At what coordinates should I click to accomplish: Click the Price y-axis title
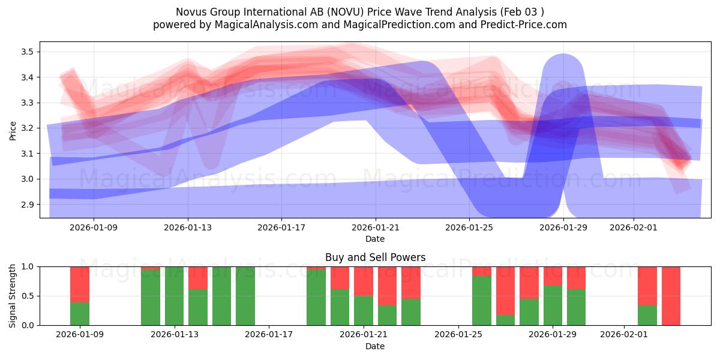[13, 130]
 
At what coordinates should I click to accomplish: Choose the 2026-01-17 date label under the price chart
[281, 227]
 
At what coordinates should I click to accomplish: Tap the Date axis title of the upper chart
[375, 239]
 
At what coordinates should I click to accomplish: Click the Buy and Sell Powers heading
[375, 257]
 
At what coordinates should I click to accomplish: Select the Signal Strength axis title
[13, 296]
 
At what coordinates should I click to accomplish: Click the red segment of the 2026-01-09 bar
[80, 284]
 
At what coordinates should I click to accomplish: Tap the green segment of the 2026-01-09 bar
[80, 314]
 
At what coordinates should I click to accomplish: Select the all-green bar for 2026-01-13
[174, 296]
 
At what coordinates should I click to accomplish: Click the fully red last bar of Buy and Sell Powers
[671, 296]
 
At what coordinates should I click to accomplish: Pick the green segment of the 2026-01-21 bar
[364, 310]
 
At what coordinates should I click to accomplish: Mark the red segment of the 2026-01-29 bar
[553, 275]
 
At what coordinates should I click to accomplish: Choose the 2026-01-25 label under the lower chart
[458, 334]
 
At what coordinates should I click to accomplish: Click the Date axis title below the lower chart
[375, 346]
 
